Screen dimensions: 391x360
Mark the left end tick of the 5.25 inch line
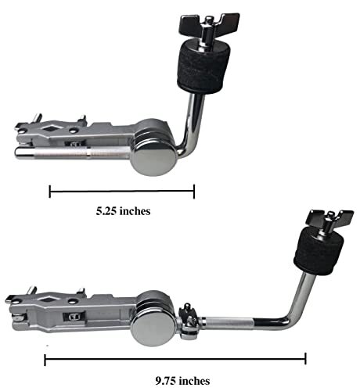(x=49, y=190)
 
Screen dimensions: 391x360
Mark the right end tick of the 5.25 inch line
(x=193, y=190)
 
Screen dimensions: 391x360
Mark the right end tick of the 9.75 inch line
(x=305, y=359)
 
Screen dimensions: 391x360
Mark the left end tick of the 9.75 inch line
(x=45, y=359)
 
